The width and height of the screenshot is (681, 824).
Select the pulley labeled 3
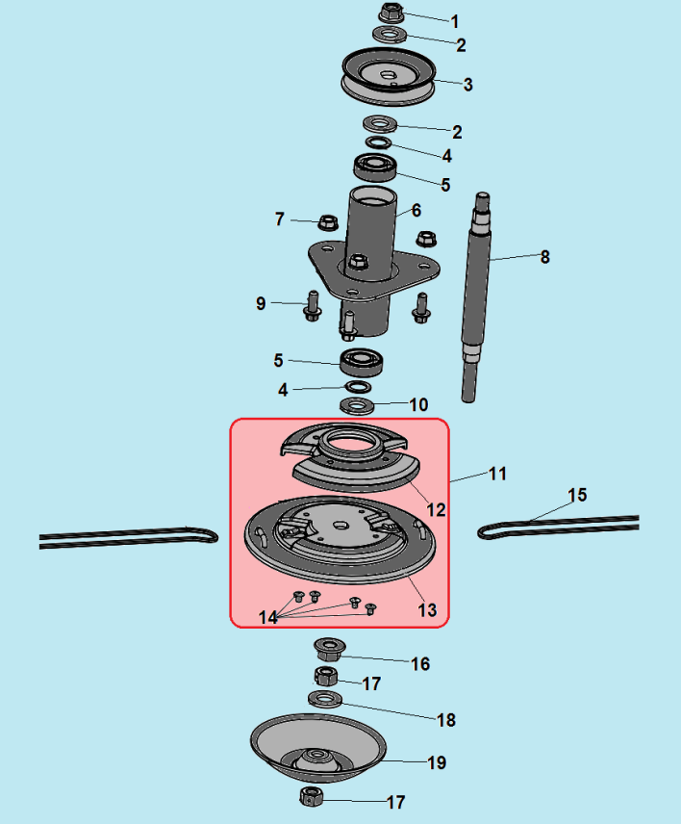tap(389, 77)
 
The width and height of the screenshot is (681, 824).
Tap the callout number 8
tap(545, 257)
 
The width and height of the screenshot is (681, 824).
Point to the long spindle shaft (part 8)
tap(477, 296)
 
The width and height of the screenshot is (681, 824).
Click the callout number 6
tap(416, 210)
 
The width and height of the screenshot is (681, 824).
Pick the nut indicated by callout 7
tap(328, 222)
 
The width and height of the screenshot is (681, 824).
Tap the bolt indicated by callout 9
tap(313, 306)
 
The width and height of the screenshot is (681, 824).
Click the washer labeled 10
tap(357, 405)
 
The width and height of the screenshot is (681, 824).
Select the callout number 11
tap(497, 474)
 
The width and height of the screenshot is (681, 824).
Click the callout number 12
tap(436, 510)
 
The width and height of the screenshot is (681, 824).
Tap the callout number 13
tap(427, 610)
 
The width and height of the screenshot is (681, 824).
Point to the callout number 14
tap(267, 617)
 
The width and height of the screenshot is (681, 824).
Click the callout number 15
tap(577, 495)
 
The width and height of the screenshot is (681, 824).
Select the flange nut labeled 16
tap(329, 649)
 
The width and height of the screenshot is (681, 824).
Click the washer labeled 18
tap(325, 699)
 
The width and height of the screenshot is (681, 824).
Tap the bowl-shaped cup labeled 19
tap(318, 747)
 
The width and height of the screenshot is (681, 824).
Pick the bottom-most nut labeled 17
tap(312, 796)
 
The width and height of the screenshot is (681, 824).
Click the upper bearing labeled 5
tap(375, 167)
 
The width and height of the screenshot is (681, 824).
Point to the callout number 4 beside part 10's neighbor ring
tap(283, 390)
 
